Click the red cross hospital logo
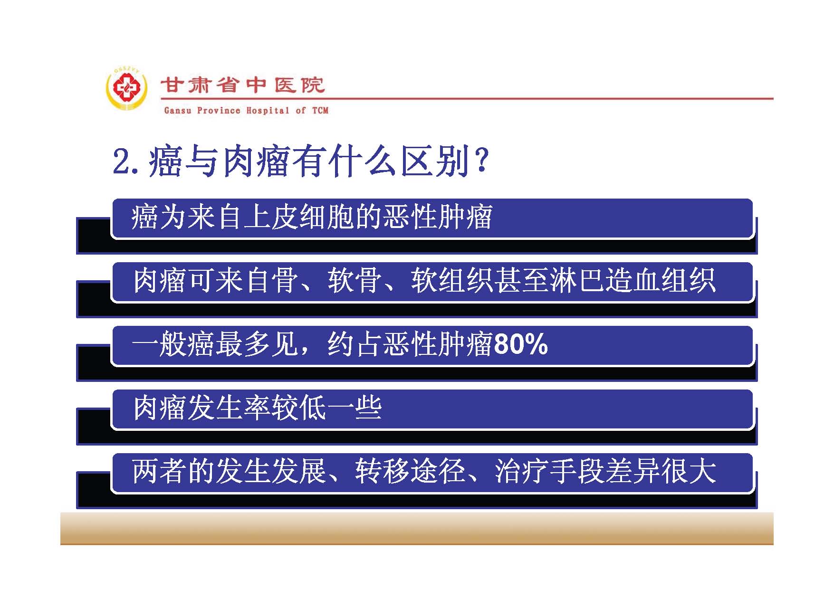point(126,88)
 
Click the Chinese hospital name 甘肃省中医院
point(242,85)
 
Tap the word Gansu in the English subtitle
point(178,111)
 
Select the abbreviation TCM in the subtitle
point(320,111)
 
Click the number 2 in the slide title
point(121,161)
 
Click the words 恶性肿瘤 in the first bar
point(437,218)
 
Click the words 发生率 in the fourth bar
point(230,408)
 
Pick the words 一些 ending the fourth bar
point(355,408)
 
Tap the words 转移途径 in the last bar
point(410,472)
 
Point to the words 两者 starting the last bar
point(160,472)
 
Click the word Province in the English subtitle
point(219,111)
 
